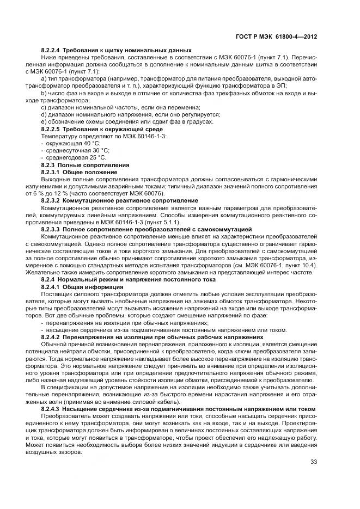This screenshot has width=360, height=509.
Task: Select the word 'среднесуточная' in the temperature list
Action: point(65,150)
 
